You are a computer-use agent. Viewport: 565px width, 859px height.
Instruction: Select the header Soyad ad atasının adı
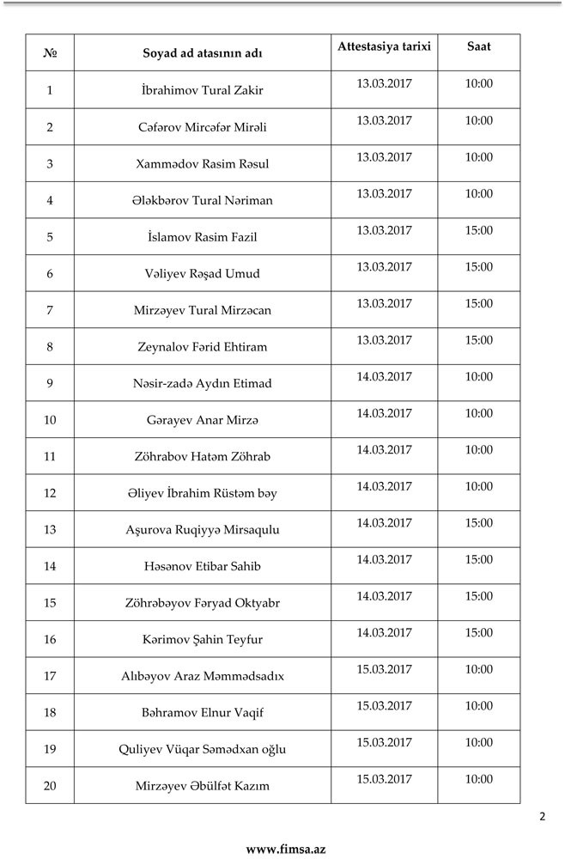click(203, 53)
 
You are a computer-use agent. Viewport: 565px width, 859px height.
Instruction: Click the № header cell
click(50, 53)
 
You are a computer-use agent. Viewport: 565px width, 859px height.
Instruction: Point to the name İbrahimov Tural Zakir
click(203, 90)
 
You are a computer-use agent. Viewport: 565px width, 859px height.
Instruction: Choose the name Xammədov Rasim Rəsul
click(203, 163)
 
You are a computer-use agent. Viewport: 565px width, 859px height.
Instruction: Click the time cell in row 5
click(479, 230)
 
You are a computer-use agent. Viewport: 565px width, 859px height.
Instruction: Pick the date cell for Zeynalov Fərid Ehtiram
click(385, 340)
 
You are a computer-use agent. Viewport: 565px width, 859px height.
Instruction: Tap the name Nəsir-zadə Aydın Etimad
click(203, 383)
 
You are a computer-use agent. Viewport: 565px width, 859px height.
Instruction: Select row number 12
click(50, 493)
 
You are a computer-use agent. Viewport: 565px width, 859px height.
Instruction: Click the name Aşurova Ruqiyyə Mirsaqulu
click(203, 530)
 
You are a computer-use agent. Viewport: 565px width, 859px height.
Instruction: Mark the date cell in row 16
click(385, 633)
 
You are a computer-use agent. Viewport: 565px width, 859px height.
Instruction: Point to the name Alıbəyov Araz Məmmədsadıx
click(203, 676)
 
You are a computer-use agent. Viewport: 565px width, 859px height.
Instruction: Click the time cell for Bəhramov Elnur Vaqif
click(479, 706)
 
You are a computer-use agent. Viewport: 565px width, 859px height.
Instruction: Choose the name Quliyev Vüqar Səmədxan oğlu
click(203, 749)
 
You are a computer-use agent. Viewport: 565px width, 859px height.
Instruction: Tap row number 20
click(50, 786)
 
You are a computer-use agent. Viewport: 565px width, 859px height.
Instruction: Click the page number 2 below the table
click(542, 817)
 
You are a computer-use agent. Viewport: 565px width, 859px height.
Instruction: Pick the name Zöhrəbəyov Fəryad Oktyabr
click(203, 603)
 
